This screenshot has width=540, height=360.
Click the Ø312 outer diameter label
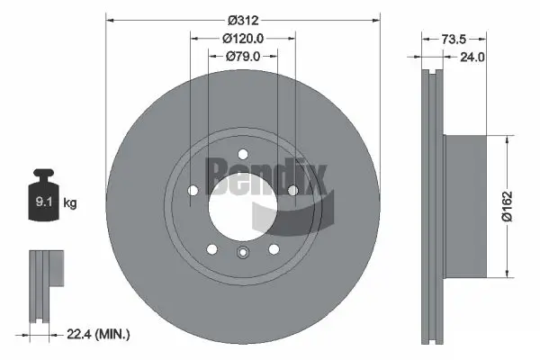pos(242,19)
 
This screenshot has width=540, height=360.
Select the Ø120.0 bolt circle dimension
pos(242,39)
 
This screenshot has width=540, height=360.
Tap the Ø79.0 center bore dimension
pos(242,56)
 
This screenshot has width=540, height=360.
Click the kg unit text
pos(71,204)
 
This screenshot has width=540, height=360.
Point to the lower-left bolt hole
pos(212,248)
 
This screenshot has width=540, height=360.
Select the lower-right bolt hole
pos(273,248)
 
